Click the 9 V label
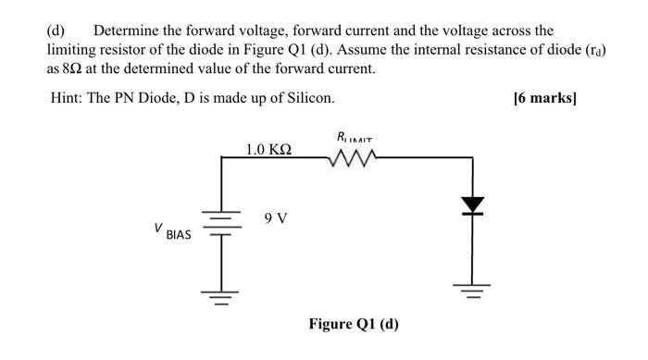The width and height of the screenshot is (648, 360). pos(275,219)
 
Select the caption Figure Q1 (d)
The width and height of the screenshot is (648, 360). pos(354,325)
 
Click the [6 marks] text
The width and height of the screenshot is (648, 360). pos(544,97)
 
